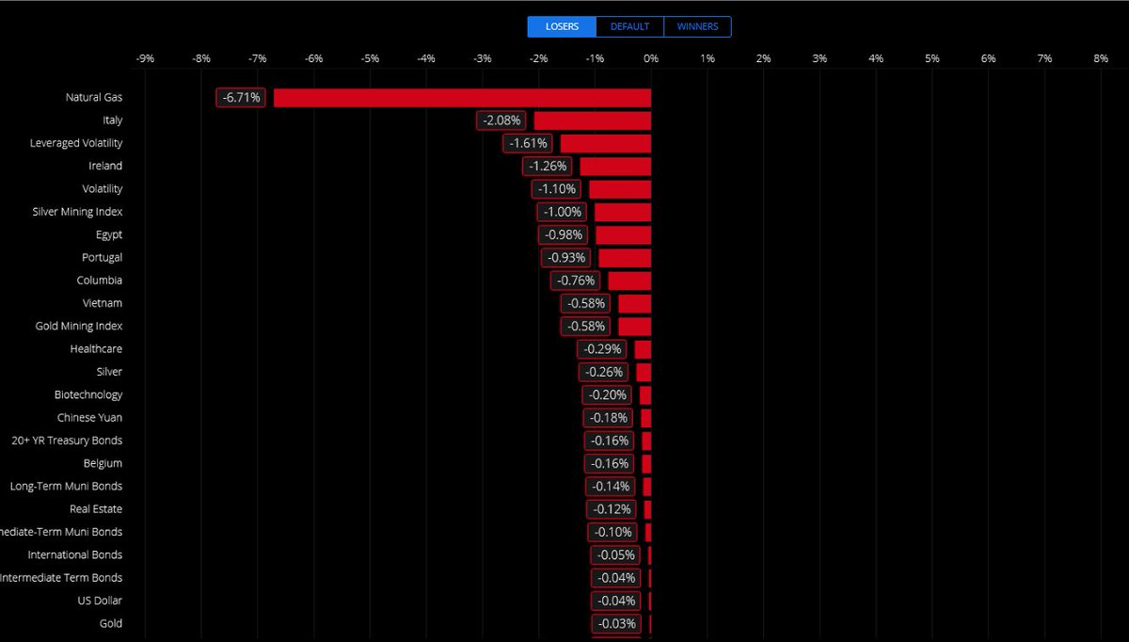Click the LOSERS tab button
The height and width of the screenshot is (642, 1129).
[x=562, y=26]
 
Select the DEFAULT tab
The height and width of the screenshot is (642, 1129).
[x=629, y=26]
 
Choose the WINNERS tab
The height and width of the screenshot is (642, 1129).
[x=697, y=26]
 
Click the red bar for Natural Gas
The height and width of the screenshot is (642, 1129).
[x=462, y=97]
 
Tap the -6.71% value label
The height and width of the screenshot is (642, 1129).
[x=242, y=97]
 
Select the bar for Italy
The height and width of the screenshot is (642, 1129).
[x=593, y=120]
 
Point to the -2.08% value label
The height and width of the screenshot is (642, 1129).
[x=502, y=120]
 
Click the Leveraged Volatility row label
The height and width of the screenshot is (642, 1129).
[x=76, y=143]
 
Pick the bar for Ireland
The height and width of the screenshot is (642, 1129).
[x=615, y=166]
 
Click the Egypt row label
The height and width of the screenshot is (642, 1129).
[x=109, y=234]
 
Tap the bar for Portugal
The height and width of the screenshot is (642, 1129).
[x=625, y=257]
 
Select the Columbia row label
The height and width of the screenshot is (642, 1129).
[x=100, y=281]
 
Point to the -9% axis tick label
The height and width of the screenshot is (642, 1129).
[x=145, y=58]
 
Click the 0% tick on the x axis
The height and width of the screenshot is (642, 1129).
[x=651, y=58]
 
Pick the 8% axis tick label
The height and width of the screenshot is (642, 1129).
[x=1101, y=58]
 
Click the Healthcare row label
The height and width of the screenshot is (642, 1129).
[x=96, y=348]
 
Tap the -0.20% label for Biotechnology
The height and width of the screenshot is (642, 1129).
[x=607, y=394]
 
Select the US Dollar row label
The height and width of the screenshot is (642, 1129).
[x=100, y=601]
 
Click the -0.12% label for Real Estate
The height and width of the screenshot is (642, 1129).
[x=611, y=509]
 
